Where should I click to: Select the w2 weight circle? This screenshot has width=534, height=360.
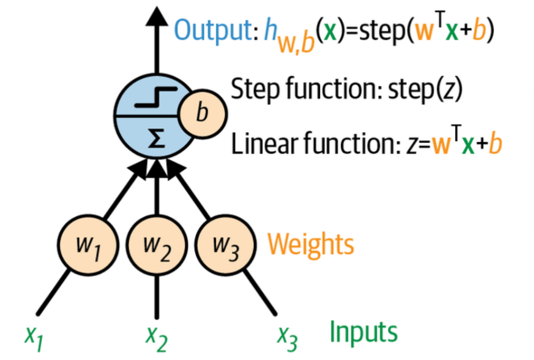pos(157,245)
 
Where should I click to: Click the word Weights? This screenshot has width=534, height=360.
pos(310,244)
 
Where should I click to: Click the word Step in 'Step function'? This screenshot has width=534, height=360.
pos(249,89)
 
